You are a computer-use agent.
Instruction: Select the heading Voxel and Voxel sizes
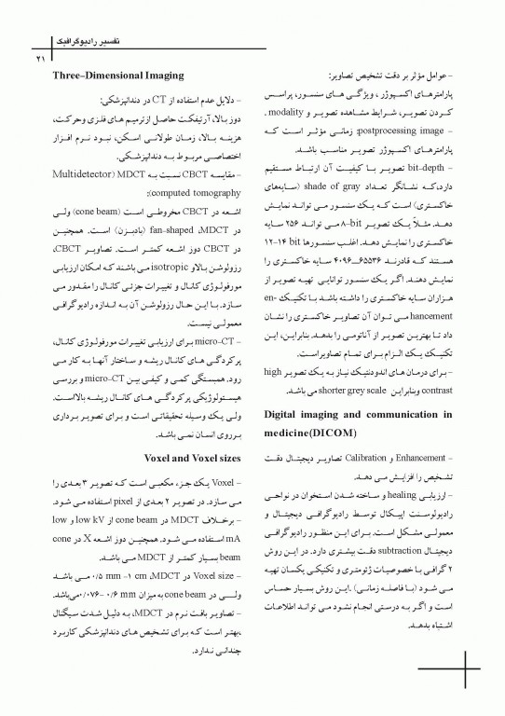pos(187,459)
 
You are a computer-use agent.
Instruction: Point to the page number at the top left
pos(41,59)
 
